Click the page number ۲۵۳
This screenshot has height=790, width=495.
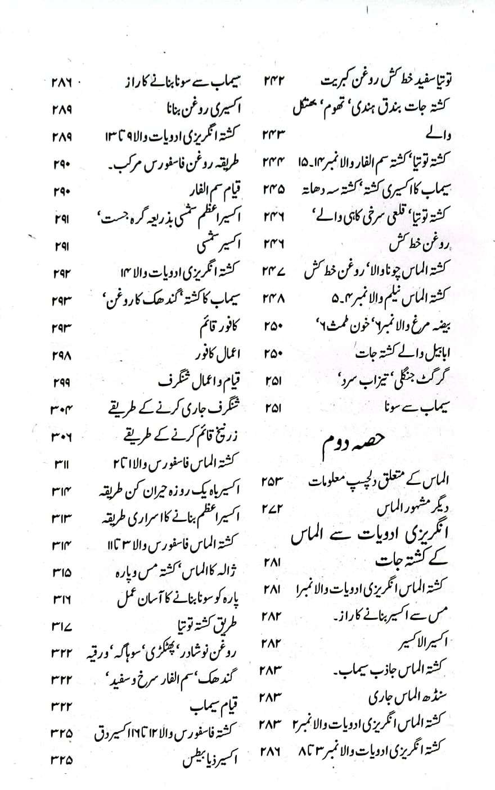(272, 481)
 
